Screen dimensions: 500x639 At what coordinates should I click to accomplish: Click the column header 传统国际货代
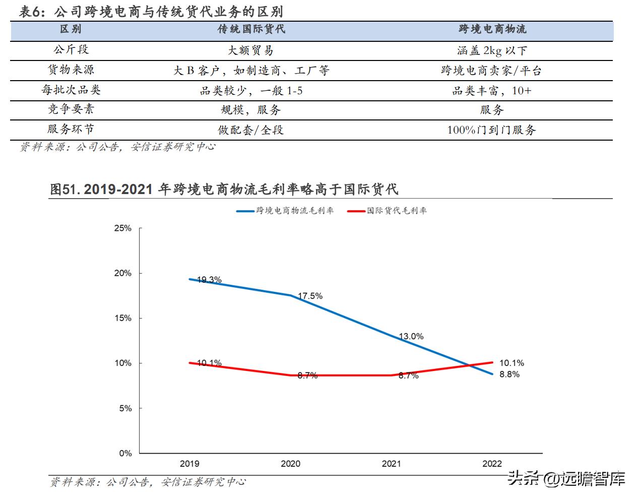coord(251,29)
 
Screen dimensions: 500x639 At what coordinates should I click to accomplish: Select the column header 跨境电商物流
coord(492,29)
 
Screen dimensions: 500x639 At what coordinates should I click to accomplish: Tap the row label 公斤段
coord(71,49)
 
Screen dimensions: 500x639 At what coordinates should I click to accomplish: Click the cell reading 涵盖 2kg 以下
coord(492,50)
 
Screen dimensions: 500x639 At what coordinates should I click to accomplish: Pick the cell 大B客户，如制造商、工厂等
coord(251,71)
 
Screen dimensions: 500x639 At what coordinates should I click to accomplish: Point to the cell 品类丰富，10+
coord(492,91)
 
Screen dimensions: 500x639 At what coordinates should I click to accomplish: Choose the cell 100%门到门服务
coord(492,130)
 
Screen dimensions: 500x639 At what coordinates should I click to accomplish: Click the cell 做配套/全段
coord(251,130)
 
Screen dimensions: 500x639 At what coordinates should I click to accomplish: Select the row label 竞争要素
coord(71,109)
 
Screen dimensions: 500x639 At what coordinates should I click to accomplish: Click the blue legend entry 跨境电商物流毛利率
coord(285,211)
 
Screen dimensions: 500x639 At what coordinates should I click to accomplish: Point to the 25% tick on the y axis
coord(122,228)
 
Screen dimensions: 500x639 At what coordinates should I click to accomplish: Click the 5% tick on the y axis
coord(125,408)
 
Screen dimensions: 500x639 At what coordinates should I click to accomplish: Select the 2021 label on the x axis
coord(391,464)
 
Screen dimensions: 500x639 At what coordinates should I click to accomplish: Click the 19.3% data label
coord(209,280)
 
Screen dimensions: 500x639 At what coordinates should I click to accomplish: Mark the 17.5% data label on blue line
coord(310,296)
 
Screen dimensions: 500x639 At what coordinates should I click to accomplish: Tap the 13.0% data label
coord(411,336)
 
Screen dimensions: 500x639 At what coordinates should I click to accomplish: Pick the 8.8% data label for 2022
coord(509,374)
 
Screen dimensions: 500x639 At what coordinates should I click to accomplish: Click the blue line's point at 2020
coord(291,295)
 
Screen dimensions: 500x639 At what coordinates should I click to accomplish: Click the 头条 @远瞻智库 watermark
coord(566,478)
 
